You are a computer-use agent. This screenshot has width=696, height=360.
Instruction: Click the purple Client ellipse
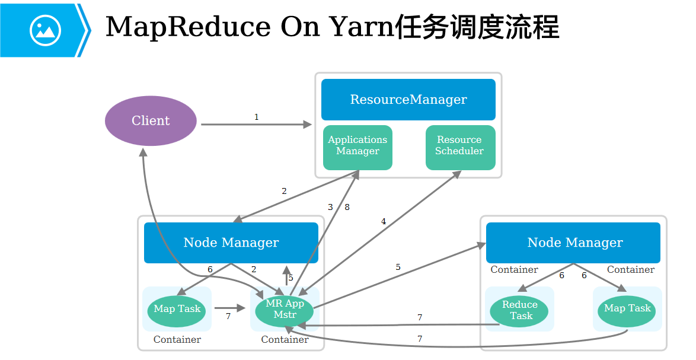coord(151,121)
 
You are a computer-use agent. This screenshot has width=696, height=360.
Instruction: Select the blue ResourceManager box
coord(408,100)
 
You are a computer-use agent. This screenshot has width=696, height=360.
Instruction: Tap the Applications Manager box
coord(357,146)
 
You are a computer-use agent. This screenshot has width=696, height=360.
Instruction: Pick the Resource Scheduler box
coord(459,146)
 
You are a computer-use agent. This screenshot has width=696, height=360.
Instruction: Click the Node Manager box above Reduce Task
coord(573,243)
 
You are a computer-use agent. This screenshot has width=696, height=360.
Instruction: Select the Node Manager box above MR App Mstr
coord(231,243)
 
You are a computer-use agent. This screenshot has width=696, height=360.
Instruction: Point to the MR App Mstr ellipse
coord(285,309)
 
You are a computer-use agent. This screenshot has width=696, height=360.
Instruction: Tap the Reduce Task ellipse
coord(519,310)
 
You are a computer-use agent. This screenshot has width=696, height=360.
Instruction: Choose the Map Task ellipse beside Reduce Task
coord(627,309)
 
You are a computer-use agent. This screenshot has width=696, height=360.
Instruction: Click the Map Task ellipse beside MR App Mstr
coord(177,309)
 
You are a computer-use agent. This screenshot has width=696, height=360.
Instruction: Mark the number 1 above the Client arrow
coord(257,117)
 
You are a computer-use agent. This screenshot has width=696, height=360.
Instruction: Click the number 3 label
coord(331,208)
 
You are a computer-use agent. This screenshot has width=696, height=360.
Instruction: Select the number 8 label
coord(347,208)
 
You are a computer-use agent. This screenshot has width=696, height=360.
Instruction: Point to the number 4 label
coord(384,222)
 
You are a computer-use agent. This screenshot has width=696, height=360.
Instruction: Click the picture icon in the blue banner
coord(45,30)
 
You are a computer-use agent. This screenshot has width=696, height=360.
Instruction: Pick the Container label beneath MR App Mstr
coord(285,340)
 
